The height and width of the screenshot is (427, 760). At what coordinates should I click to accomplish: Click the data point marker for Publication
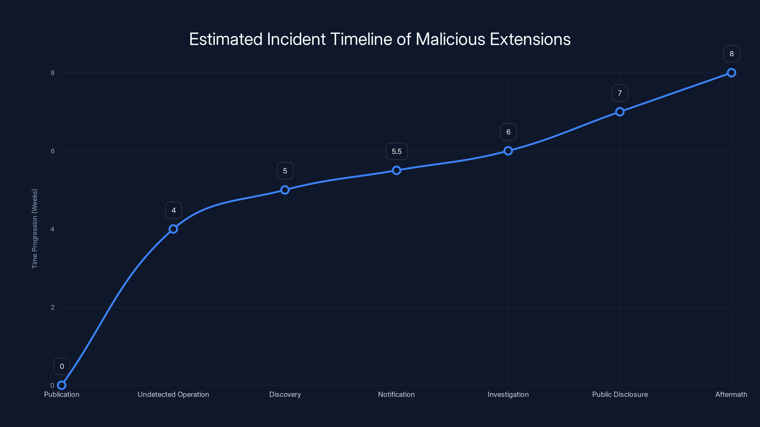click(62, 385)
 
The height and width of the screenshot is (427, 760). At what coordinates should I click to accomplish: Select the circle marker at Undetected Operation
click(173, 229)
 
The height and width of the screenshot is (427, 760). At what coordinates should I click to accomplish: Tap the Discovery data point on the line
click(285, 190)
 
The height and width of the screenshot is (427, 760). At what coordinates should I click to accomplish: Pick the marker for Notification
click(397, 170)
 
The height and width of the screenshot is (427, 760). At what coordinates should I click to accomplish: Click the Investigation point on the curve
click(508, 151)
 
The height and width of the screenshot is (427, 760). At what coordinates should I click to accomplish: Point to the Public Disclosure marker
click(620, 112)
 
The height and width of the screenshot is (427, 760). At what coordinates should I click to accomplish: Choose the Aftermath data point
click(731, 73)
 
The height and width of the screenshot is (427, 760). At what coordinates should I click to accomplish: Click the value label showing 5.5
click(397, 152)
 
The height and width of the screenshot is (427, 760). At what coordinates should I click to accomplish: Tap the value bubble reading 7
click(620, 93)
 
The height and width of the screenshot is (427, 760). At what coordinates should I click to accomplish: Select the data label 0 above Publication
click(62, 366)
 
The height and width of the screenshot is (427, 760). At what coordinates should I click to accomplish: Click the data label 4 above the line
click(173, 210)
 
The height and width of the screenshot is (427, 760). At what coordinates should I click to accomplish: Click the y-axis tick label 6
click(52, 151)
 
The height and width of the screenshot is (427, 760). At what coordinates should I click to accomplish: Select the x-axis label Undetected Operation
click(173, 394)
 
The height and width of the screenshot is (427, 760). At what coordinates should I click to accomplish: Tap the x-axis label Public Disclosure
click(620, 394)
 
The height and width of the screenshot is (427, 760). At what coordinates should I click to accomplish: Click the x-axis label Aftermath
click(731, 394)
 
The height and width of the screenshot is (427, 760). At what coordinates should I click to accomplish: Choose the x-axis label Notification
click(396, 394)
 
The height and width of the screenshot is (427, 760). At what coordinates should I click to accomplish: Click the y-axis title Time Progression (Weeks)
click(34, 229)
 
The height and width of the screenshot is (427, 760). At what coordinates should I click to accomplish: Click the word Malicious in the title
click(450, 39)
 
